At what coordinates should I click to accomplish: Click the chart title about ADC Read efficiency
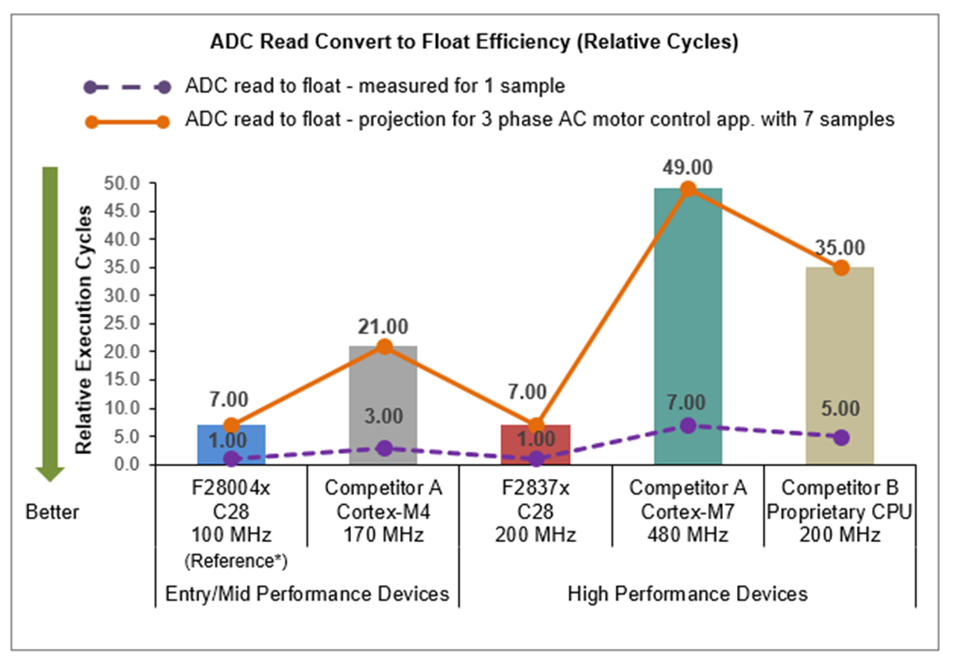(x=474, y=43)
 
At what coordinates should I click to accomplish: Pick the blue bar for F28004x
(x=231, y=445)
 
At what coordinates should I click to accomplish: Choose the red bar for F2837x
(x=536, y=445)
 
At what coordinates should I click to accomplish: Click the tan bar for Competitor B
(x=840, y=365)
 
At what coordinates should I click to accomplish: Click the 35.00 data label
(x=840, y=247)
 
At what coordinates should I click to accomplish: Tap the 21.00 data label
(x=384, y=326)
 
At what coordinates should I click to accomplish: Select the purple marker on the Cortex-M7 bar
(x=688, y=425)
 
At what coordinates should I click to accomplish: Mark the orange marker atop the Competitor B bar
(x=840, y=268)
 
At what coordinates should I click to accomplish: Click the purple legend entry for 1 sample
(x=373, y=87)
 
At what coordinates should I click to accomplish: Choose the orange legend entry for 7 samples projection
(x=540, y=121)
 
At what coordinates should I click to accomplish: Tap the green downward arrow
(x=50, y=322)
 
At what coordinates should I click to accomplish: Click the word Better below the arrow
(x=52, y=512)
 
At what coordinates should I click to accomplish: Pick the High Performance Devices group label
(x=688, y=594)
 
